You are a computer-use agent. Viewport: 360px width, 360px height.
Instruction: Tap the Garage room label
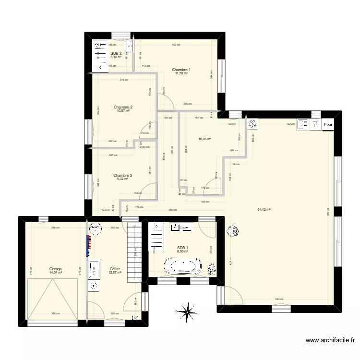coord(55,270)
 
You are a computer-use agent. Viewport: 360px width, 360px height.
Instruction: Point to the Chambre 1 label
coord(181,70)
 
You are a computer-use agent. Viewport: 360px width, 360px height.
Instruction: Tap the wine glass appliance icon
coord(315,124)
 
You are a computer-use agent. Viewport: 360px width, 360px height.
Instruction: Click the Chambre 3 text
coord(123,176)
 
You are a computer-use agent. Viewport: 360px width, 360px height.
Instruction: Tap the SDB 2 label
coord(116,54)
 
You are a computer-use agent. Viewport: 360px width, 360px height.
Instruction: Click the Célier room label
coord(115,270)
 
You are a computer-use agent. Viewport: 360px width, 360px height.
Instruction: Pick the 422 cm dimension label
coord(291,124)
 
